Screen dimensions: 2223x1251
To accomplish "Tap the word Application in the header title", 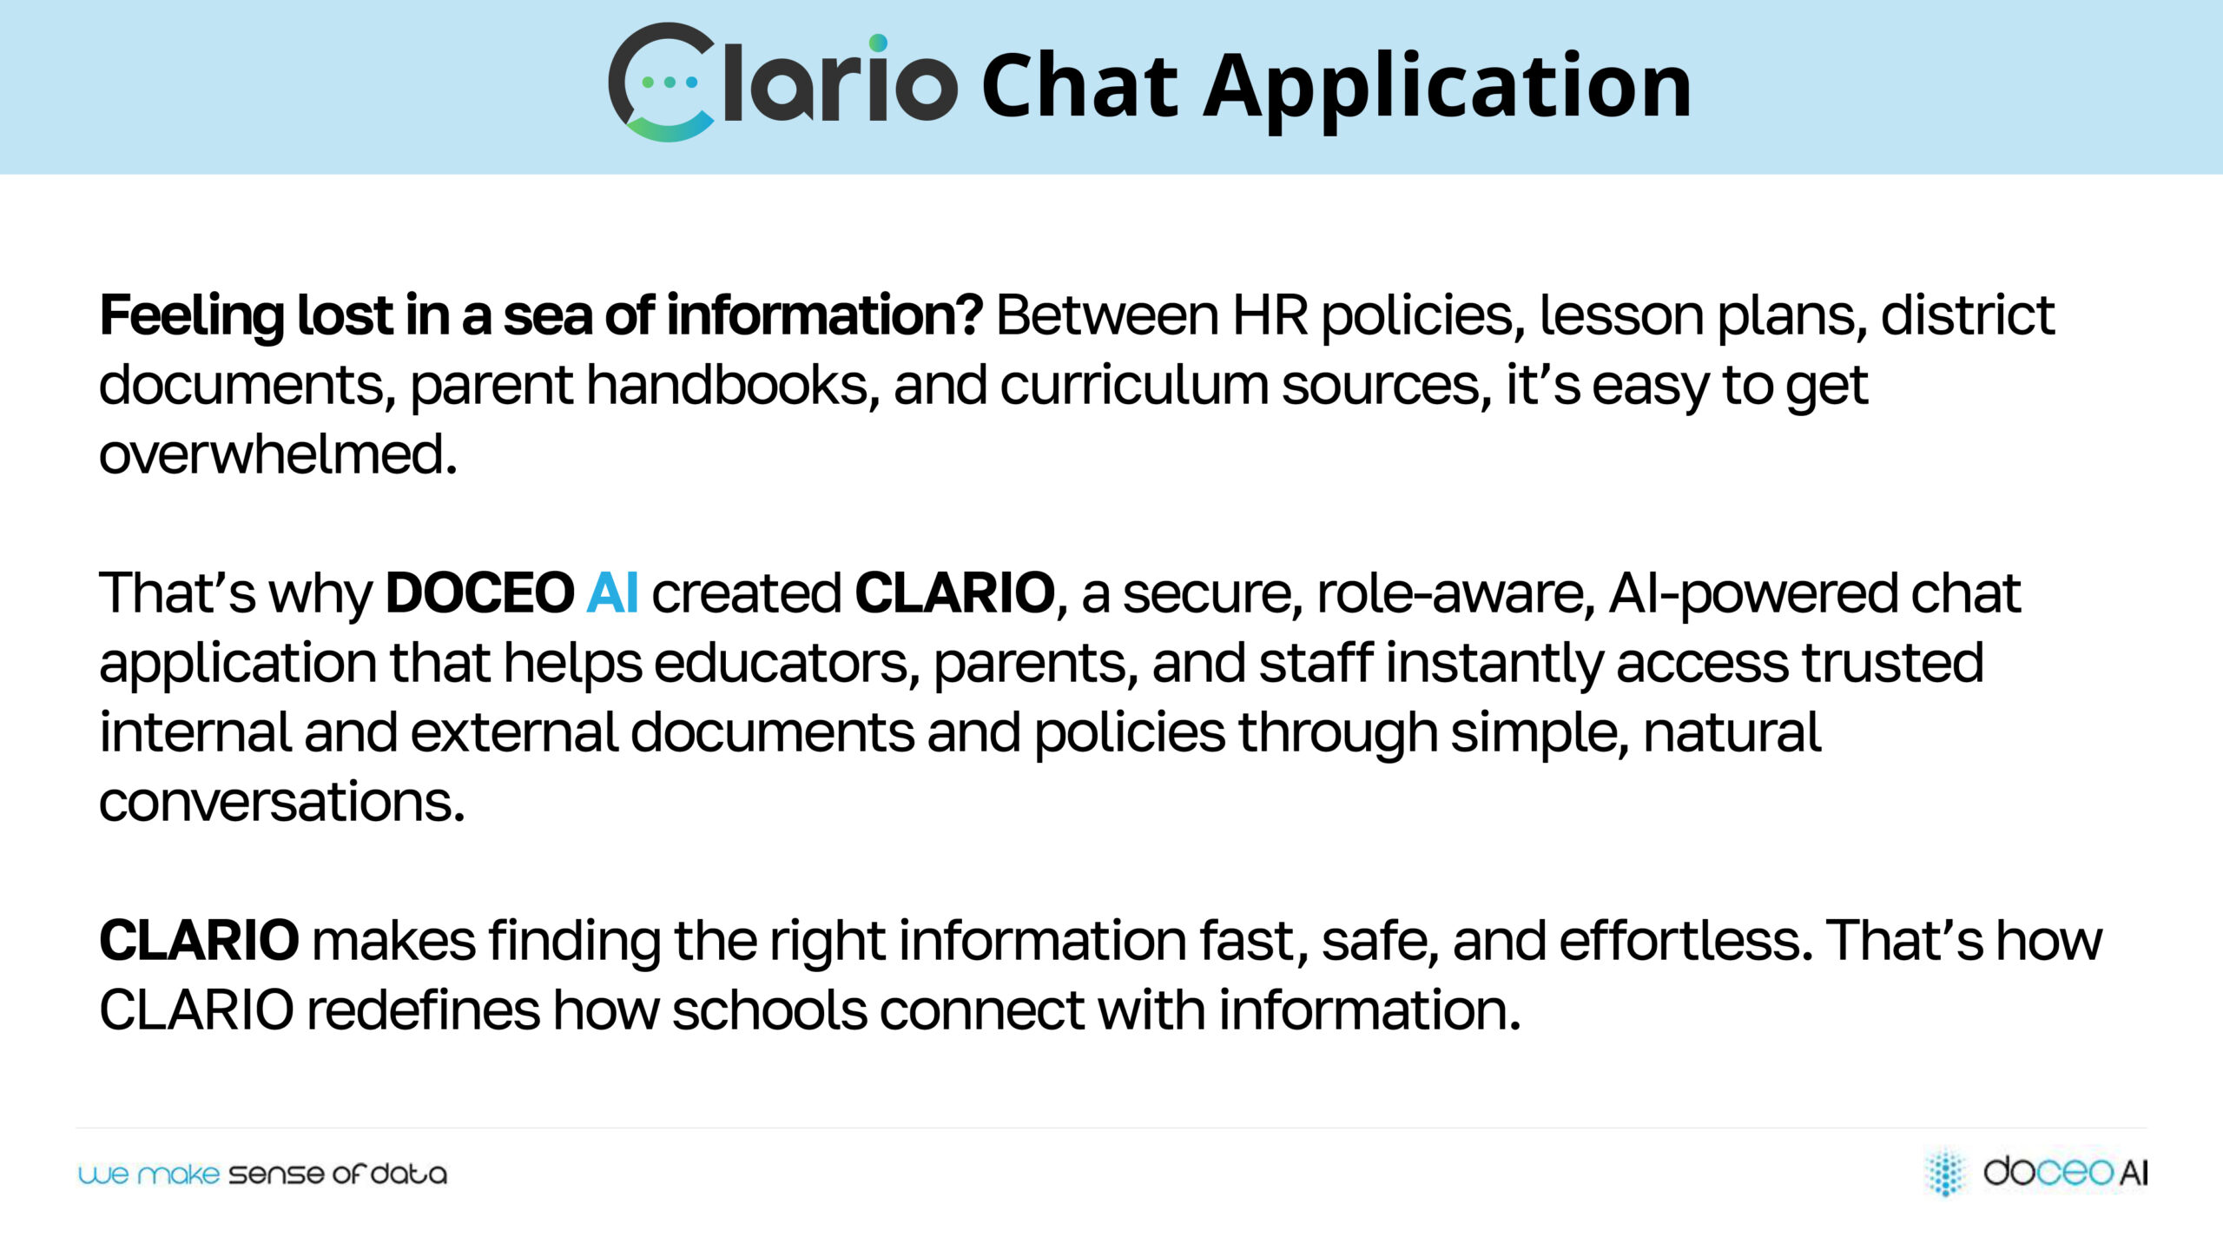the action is [x=1448, y=90].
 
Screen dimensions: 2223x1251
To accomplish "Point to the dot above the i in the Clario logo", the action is [x=878, y=43].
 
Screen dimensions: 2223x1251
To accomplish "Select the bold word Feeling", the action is [x=192, y=316].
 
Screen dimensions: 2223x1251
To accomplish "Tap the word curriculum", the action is [x=1134, y=385].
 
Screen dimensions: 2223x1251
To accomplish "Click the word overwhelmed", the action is [x=278, y=454].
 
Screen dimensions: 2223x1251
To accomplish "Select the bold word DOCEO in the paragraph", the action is [x=480, y=593].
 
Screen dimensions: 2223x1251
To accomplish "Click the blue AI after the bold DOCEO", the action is [x=613, y=593].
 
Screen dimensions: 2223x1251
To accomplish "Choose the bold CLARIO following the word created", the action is [x=955, y=593].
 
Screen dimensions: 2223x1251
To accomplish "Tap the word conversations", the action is [x=282, y=802].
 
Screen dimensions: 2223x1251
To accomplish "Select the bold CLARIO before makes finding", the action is [x=200, y=941].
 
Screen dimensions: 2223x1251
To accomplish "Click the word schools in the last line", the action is [x=769, y=1010].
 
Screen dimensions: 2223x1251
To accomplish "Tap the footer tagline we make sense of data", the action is [x=262, y=1175].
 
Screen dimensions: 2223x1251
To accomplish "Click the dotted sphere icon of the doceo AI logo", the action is [x=1946, y=1172].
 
